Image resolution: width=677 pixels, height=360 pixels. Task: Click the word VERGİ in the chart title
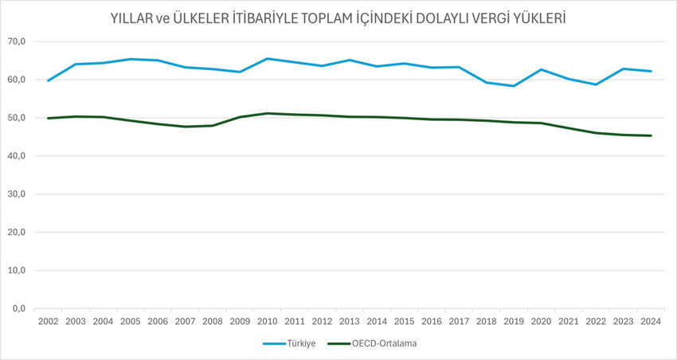coord(476,18)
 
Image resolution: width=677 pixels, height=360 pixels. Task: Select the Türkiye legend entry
coord(300,344)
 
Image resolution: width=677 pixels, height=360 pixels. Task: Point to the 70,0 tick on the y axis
coord(18,41)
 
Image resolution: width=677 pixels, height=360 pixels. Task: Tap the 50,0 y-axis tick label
coord(18,118)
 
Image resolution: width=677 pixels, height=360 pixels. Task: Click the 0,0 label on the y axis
coord(20,309)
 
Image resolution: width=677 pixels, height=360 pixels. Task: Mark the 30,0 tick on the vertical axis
coord(18,194)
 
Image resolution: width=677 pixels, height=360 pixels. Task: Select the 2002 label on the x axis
coord(49,321)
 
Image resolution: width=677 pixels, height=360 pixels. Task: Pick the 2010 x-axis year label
coord(267,321)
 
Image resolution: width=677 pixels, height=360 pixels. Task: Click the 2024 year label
coord(651,321)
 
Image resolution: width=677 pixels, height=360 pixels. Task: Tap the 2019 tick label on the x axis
coord(514,321)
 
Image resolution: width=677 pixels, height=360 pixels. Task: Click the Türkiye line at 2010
coord(267,58)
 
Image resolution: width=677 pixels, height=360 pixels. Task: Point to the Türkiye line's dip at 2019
coord(514,86)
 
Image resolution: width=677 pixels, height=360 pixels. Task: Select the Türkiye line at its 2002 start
coord(49,80)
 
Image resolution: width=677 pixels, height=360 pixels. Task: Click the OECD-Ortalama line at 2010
coord(267,113)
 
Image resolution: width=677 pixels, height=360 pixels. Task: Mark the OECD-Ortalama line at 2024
coord(651,135)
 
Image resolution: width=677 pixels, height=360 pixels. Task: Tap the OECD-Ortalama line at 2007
coord(185,127)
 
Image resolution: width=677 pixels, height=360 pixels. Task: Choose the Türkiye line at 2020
coord(542,69)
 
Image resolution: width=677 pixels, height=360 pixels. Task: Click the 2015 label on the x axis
coord(405,321)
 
